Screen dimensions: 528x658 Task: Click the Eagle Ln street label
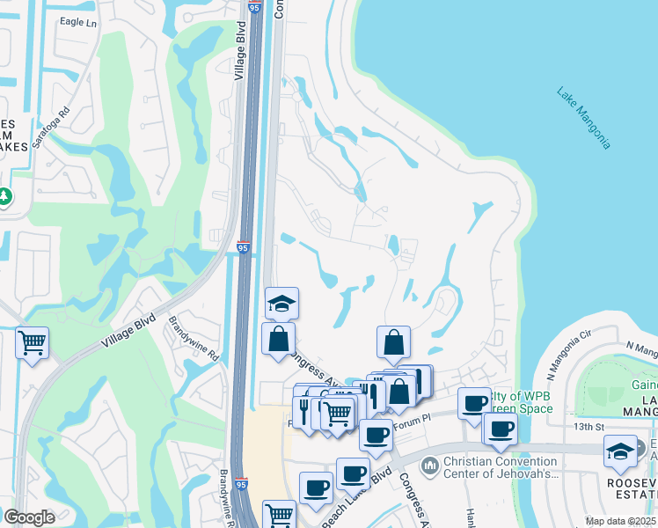[77, 22]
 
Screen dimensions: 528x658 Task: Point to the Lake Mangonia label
[583, 117]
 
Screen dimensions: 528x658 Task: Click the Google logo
[29, 517]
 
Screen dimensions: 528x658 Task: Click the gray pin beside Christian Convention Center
[431, 464]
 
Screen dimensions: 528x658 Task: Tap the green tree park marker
[4, 196]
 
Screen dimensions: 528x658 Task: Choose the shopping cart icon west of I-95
[32, 341]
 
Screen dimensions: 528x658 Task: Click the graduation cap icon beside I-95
[282, 304]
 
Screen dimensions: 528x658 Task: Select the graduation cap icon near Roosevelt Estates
[620, 451]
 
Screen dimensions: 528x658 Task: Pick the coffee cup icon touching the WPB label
[475, 402]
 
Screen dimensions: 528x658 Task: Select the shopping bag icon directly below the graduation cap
[278, 339]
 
